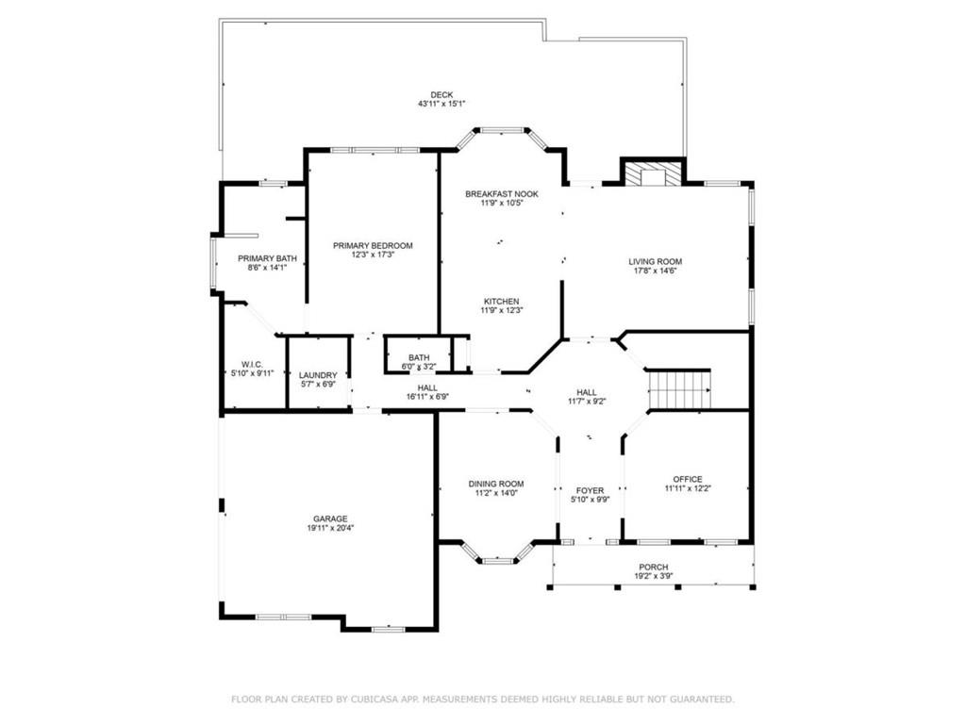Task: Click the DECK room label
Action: [x=441, y=94]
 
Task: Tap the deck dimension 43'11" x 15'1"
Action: [x=441, y=104]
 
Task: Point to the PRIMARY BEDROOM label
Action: [x=373, y=245]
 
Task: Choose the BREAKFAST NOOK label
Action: [x=501, y=194]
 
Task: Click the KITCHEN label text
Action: [x=501, y=301]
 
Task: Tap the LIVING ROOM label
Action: [x=655, y=261]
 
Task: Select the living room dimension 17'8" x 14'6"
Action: [x=655, y=271]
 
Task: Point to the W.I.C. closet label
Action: [x=252, y=363]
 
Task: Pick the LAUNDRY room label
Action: [x=317, y=375]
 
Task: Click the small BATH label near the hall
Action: [x=419, y=357]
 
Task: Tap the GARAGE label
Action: [x=330, y=518]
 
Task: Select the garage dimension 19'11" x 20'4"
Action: [x=330, y=528]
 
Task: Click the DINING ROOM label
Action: [x=496, y=484]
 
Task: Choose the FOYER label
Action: [x=590, y=490]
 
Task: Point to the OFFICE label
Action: [x=687, y=479]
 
